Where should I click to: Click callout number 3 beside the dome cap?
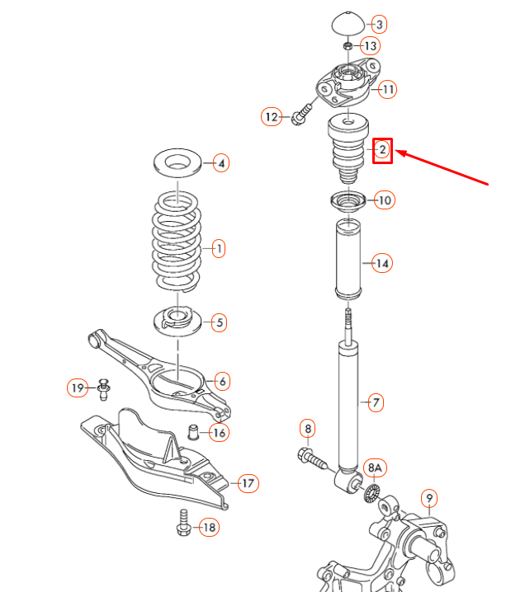[x=379, y=24]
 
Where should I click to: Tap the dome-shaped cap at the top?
[x=348, y=23]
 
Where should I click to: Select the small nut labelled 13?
[x=348, y=45]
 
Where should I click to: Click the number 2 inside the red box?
[x=383, y=149]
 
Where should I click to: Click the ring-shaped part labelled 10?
[x=348, y=200]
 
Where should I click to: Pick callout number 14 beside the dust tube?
[x=381, y=264]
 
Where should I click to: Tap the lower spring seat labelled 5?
[x=177, y=318]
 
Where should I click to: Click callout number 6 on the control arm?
[x=221, y=381]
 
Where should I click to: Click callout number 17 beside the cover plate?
[x=247, y=483]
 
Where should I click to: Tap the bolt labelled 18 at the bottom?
[x=183, y=524]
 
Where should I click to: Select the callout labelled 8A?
[x=376, y=468]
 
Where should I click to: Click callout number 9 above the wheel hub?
[x=429, y=497]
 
